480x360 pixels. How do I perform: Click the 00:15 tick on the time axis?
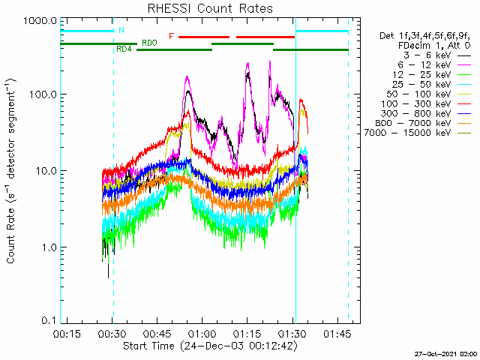(68, 334)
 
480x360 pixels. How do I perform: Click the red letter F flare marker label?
(172, 36)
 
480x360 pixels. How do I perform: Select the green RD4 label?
(124, 49)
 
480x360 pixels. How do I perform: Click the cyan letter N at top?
(121, 31)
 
